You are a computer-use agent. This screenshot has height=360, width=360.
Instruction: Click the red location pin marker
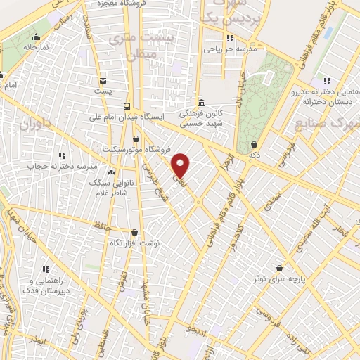[x=181, y=165]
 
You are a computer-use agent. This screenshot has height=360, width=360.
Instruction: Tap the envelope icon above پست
[x=103, y=80]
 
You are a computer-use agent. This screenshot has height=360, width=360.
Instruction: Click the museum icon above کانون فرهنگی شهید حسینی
[x=201, y=101]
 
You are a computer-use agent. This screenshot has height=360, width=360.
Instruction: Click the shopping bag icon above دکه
[x=253, y=144]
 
